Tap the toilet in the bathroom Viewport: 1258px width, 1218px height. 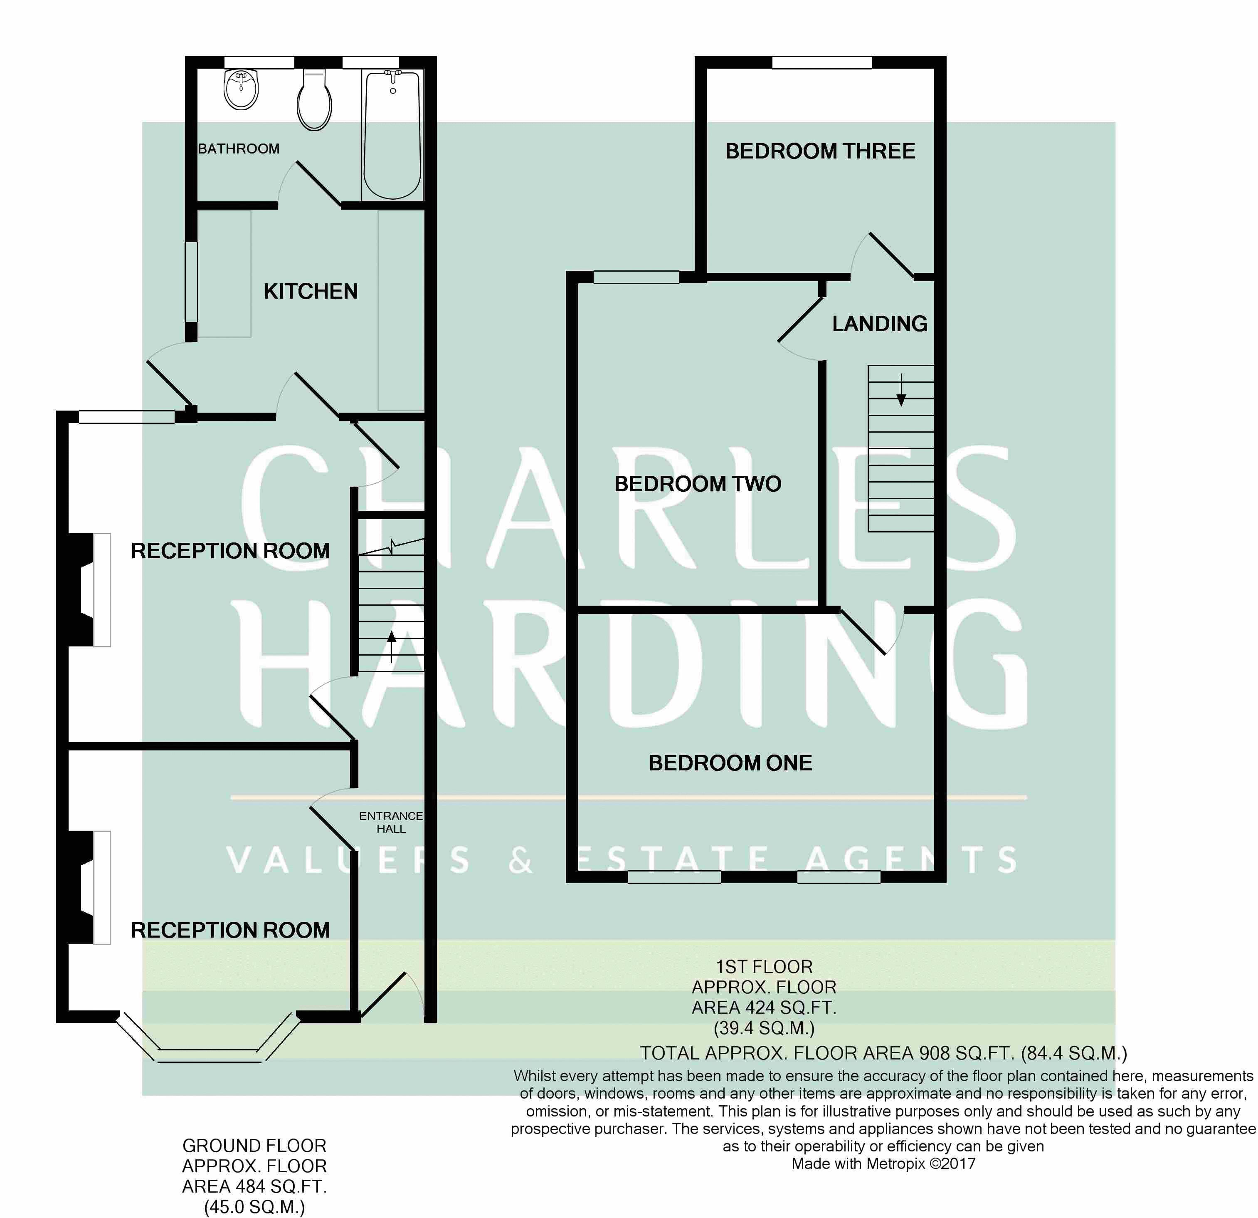point(314,99)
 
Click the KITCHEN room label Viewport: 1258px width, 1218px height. point(311,292)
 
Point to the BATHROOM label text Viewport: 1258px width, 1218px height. point(239,149)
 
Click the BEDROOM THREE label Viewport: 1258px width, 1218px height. point(820,151)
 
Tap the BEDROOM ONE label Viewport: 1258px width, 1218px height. point(730,763)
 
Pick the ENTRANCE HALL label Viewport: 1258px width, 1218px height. point(391,822)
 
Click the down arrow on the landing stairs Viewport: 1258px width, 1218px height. point(901,390)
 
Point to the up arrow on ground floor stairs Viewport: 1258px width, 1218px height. point(392,646)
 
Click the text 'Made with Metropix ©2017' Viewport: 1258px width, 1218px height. point(883,1164)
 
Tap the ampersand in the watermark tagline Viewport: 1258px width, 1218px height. point(520,860)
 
